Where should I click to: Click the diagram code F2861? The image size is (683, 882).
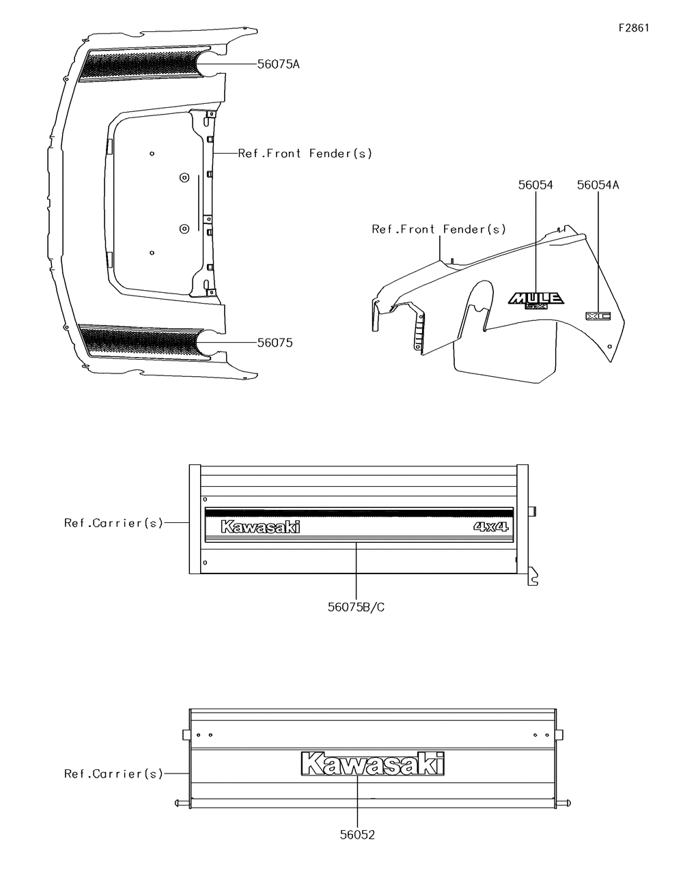[633, 28]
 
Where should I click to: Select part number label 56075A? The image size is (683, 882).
[278, 64]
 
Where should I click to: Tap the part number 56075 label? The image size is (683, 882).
[275, 343]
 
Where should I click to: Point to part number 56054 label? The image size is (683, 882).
[535, 185]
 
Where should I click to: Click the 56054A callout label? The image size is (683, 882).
[598, 185]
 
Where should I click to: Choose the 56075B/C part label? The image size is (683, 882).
[356, 607]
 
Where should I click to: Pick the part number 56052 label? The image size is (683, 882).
[357, 835]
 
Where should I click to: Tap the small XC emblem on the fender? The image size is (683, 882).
[598, 316]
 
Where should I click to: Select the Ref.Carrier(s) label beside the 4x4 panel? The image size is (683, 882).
[113, 523]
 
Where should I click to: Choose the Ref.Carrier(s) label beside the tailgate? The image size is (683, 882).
[113, 773]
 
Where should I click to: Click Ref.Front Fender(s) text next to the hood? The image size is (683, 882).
[305, 154]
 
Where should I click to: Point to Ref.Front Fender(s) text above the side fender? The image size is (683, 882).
[438, 229]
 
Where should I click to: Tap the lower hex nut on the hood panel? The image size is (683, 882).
[183, 227]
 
